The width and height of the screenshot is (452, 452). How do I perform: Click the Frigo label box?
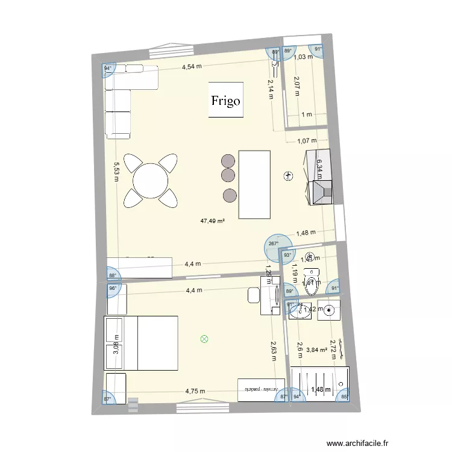(x=226, y=100)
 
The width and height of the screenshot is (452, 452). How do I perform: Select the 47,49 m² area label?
(x=213, y=221)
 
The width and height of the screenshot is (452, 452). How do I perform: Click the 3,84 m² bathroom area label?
(x=316, y=349)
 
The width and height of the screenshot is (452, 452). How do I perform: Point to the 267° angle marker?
(x=273, y=245)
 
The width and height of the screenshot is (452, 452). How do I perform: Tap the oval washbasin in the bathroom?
(x=297, y=311)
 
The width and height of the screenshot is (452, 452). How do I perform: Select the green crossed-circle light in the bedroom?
(x=204, y=339)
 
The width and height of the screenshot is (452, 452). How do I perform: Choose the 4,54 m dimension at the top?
(x=192, y=67)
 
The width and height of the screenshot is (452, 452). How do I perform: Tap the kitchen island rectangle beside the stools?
(x=254, y=184)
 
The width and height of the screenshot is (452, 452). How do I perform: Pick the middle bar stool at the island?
(x=228, y=176)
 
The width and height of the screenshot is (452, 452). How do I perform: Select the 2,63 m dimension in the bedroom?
(x=273, y=348)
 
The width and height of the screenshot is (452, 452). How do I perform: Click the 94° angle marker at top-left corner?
(x=108, y=69)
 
